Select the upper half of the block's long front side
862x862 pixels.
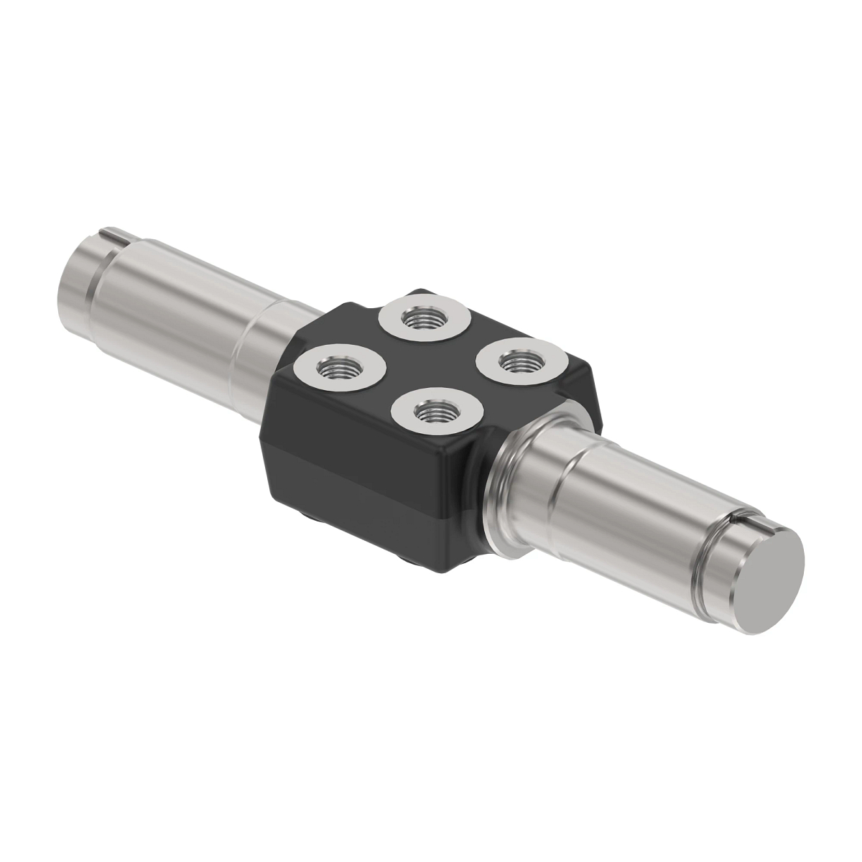tap(359, 438)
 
